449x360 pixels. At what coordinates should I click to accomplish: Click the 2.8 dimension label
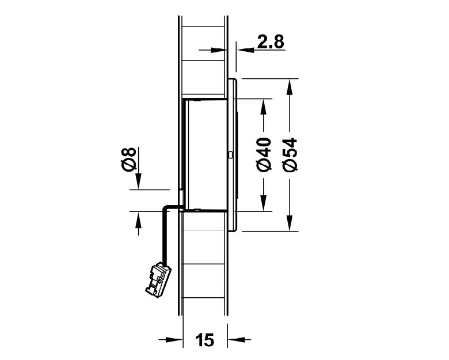click(271, 42)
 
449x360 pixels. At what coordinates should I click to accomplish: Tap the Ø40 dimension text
click(264, 154)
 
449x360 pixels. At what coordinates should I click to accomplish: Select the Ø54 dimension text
click(290, 155)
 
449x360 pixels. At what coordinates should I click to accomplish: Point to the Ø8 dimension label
click(128, 160)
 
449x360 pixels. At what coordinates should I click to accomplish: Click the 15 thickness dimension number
click(204, 340)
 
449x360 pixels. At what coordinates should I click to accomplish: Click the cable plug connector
click(158, 280)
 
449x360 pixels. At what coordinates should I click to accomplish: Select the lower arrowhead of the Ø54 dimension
click(290, 223)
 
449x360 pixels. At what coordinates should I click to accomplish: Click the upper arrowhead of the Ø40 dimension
click(264, 107)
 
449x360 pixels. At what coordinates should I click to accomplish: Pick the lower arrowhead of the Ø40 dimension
click(264, 203)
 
